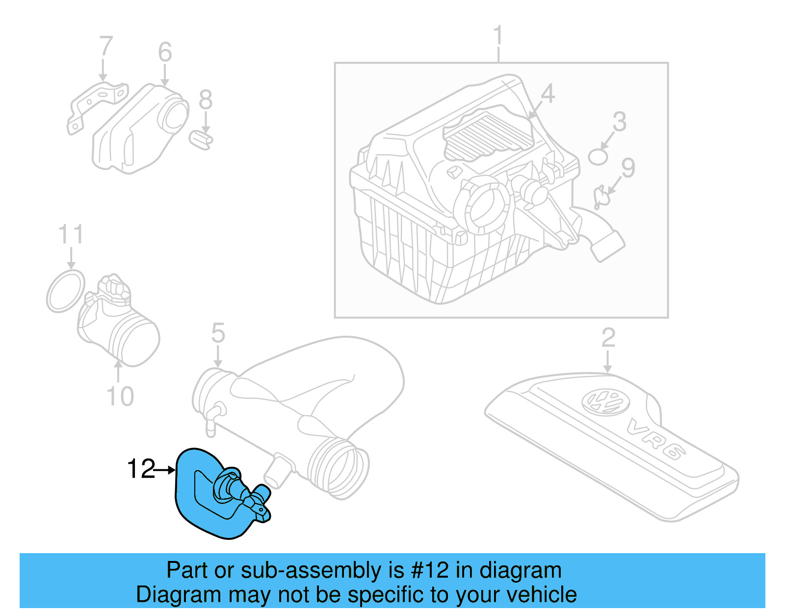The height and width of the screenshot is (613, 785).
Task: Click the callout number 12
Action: pyautogui.click(x=141, y=469)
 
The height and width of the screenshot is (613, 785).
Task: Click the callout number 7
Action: pyautogui.click(x=105, y=47)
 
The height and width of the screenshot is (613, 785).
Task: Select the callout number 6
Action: pyautogui.click(x=165, y=53)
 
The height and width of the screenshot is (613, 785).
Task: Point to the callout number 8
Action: pyautogui.click(x=206, y=100)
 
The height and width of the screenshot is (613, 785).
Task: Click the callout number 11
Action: pyautogui.click(x=71, y=235)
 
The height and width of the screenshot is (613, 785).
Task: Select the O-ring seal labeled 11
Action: pyautogui.click(x=65, y=291)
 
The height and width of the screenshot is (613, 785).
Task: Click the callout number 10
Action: pyautogui.click(x=120, y=397)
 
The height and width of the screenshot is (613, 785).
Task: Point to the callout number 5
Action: pyautogui.click(x=218, y=334)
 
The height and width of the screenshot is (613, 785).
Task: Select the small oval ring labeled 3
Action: pyautogui.click(x=598, y=157)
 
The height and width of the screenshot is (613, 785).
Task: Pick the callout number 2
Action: pyautogui.click(x=608, y=338)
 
